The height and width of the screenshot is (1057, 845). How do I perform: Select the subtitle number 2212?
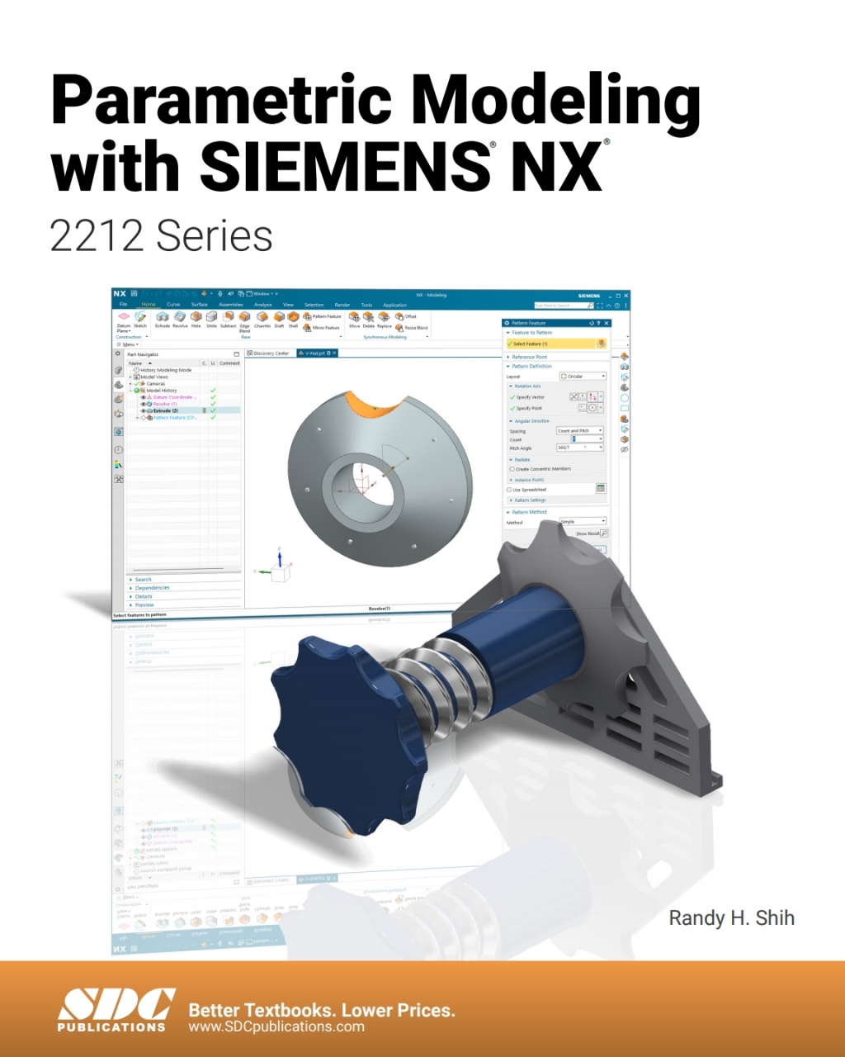[97, 236]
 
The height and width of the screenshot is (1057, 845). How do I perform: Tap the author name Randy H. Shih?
[731, 917]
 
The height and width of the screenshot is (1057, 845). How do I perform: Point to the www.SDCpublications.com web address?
[276, 1027]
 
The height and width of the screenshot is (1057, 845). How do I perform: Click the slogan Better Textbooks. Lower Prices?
[321, 1010]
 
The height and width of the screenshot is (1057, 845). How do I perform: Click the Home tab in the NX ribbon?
[149, 305]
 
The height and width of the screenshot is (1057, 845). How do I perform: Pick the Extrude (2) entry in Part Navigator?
[165, 410]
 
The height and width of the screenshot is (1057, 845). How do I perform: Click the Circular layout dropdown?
[583, 377]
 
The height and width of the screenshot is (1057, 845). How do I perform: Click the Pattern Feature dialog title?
[529, 323]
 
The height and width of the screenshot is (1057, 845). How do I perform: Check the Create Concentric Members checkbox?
[512, 469]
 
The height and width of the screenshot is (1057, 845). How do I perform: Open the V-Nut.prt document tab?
[317, 353]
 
